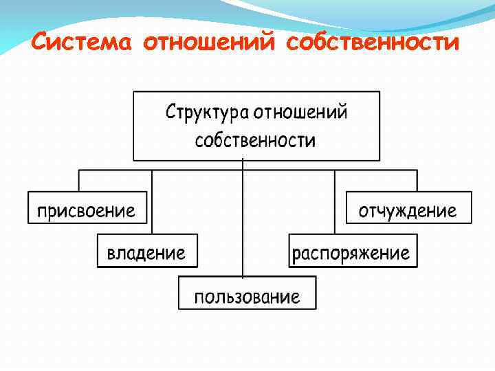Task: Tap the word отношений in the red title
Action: [210, 43]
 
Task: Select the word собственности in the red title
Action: [372, 43]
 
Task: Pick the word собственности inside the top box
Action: [255, 141]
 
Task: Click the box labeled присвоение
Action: [87, 208]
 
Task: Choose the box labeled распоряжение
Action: [352, 251]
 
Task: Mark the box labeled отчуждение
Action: [408, 208]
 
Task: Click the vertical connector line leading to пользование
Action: [243, 220]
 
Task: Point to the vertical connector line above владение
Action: [151, 203]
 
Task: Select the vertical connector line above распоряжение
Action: [335, 203]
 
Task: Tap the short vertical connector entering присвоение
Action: [79, 181]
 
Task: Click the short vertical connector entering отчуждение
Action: [417, 181]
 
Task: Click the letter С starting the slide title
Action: [41, 43]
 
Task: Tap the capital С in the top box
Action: [171, 111]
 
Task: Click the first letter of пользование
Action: [198, 297]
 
